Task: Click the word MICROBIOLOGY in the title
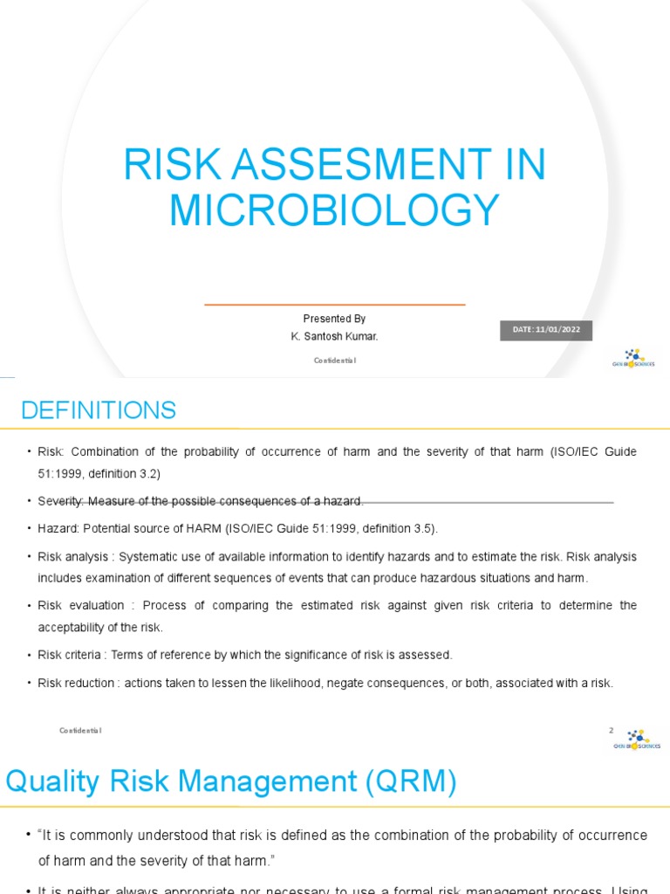tap(334, 210)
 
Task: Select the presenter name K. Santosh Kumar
tap(334, 336)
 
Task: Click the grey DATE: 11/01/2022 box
tap(545, 330)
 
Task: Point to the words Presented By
tap(334, 319)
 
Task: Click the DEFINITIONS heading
tap(98, 409)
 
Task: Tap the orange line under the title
tap(334, 305)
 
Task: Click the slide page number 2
tap(612, 730)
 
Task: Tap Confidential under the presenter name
tap(335, 360)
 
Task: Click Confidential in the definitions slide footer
tap(80, 730)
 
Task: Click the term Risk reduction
tap(76, 683)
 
